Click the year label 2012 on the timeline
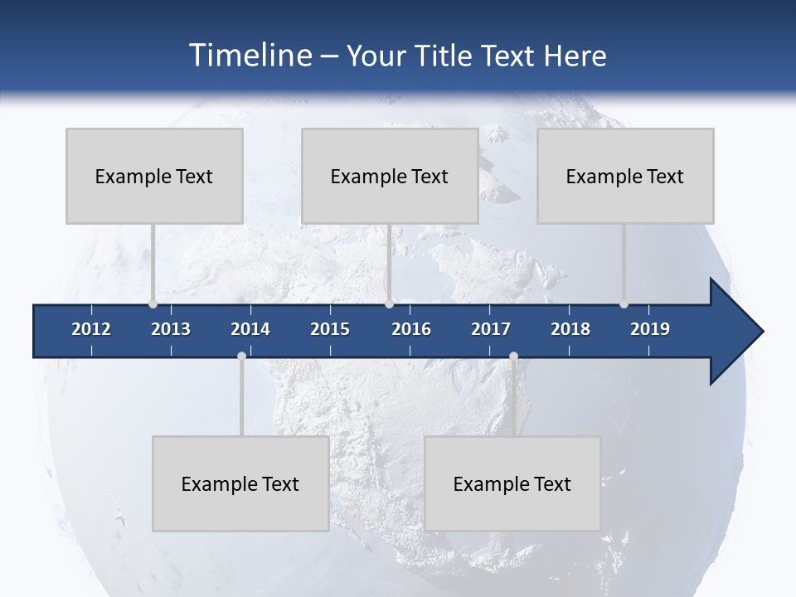[x=91, y=329]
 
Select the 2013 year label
[x=171, y=329]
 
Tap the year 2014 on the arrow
[x=250, y=329]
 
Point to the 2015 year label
[x=330, y=329]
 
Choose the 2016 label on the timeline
[x=411, y=329]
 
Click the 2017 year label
[x=491, y=329]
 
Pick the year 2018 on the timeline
[x=570, y=329]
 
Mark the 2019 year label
[x=650, y=329]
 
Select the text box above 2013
[x=154, y=176]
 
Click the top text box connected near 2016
[x=390, y=176]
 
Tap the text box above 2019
[x=625, y=176]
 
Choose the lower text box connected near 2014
[x=240, y=483]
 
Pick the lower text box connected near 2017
[x=512, y=483]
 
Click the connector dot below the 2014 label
[x=241, y=356]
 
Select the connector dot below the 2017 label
[x=513, y=356]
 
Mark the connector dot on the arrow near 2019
[x=624, y=304]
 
